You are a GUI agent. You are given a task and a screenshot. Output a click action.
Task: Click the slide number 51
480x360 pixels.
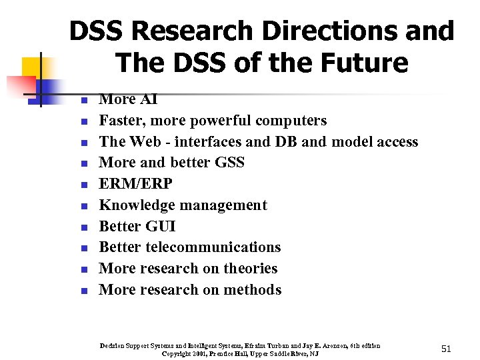(x=446, y=349)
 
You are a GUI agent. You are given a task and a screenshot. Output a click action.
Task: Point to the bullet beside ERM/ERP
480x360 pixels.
(x=84, y=185)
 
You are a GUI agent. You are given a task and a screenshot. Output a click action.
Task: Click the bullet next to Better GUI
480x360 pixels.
(x=84, y=227)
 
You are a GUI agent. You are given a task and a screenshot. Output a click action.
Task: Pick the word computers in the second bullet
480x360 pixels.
(x=291, y=121)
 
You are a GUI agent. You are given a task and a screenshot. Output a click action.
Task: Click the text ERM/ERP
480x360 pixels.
(x=136, y=184)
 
